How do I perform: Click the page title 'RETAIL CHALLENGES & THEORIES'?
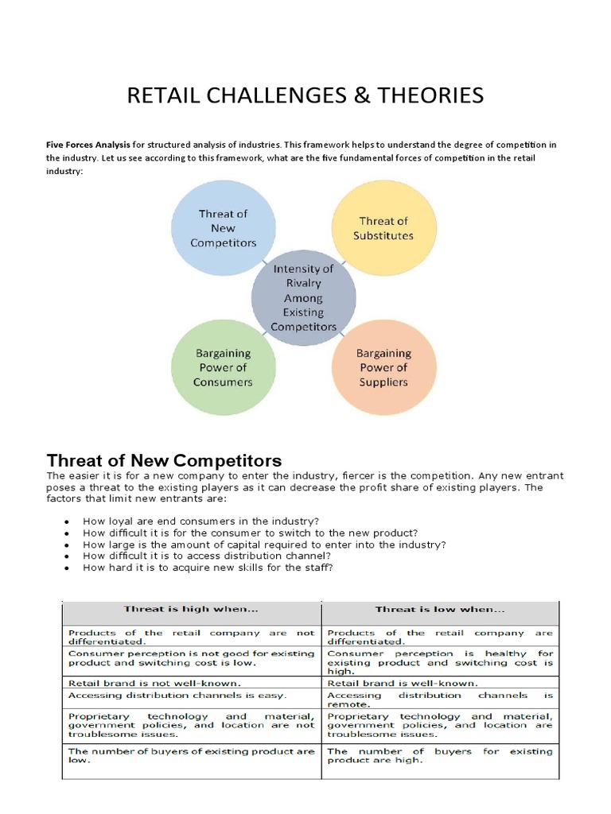[305, 96]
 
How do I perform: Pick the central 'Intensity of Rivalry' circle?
[303, 298]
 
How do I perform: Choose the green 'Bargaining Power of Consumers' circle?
[223, 367]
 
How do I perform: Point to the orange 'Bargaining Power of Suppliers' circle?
[383, 367]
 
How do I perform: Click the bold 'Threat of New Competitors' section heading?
[165, 461]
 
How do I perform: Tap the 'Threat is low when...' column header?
[439, 610]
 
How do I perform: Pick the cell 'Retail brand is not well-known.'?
[143, 682]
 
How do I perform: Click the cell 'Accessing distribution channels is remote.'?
[439, 700]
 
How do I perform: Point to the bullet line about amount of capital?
[264, 545]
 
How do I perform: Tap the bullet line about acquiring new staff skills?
[208, 568]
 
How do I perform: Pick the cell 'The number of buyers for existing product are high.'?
[439, 755]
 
